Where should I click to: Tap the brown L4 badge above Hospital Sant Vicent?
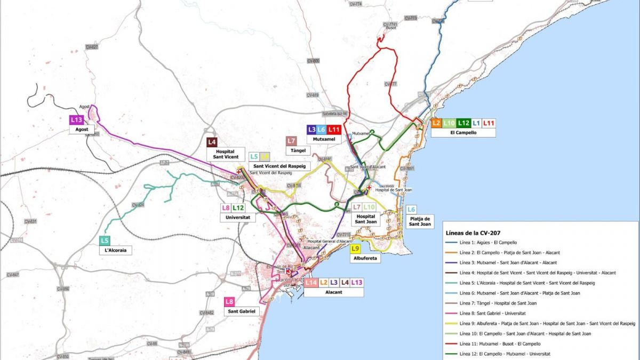click(212, 142)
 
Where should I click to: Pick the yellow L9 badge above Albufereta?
click(356, 249)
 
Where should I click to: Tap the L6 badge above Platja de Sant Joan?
click(411, 210)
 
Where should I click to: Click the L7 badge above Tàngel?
click(291, 141)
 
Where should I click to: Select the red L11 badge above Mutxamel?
click(334, 129)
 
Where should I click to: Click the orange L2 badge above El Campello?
click(436, 123)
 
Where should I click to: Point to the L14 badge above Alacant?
click(311, 283)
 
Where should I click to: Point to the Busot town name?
click(390, 28)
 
